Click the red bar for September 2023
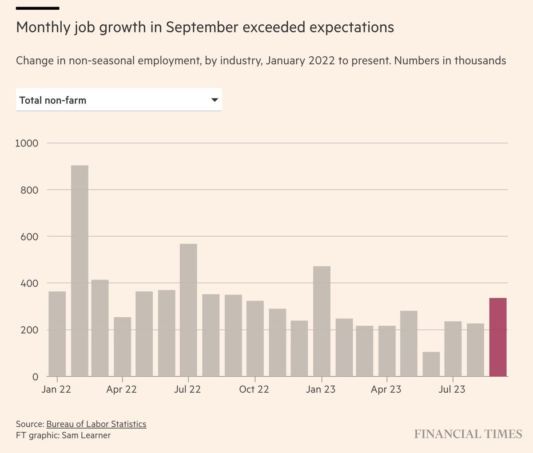click(x=497, y=337)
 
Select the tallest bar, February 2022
click(x=80, y=271)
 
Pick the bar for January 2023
click(x=322, y=321)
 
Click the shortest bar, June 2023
click(x=431, y=364)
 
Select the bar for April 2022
click(x=122, y=347)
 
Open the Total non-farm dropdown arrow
click(x=215, y=100)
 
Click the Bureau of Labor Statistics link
click(x=96, y=424)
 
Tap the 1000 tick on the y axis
click(x=27, y=143)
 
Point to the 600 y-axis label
click(x=29, y=236)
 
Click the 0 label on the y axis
click(x=36, y=377)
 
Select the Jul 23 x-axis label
click(x=452, y=390)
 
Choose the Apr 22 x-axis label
click(x=121, y=390)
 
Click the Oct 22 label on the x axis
click(x=254, y=390)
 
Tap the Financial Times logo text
click(x=468, y=434)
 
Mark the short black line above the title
click(x=37, y=8)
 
